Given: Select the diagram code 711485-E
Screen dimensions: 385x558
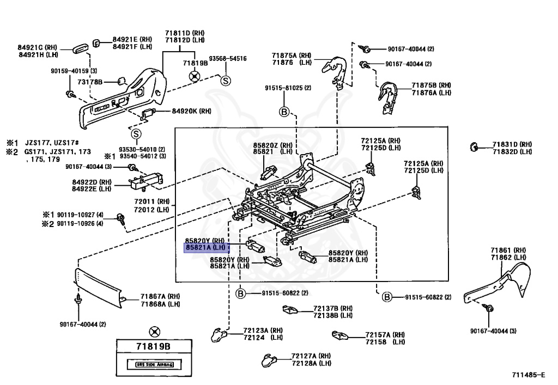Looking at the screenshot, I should [x=528, y=375].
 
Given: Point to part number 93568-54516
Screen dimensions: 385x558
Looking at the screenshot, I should [x=228, y=58].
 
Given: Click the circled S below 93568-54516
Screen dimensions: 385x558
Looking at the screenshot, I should [x=225, y=81].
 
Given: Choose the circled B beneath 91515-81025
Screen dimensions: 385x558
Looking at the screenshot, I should [x=284, y=112].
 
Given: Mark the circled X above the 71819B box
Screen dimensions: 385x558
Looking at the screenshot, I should [x=155, y=331].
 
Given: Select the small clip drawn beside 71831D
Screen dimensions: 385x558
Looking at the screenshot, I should [x=474, y=146].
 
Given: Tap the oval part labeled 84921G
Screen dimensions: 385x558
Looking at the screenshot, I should [x=80, y=49].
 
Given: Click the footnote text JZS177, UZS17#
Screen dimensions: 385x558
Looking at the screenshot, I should [x=53, y=142].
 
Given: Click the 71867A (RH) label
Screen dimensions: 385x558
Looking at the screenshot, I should [x=161, y=296].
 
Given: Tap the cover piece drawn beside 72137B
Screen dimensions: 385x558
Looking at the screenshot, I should [x=290, y=310].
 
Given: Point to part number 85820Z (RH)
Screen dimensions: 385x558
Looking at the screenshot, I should [x=272, y=145].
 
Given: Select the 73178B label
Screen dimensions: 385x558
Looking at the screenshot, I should [x=90, y=82].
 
